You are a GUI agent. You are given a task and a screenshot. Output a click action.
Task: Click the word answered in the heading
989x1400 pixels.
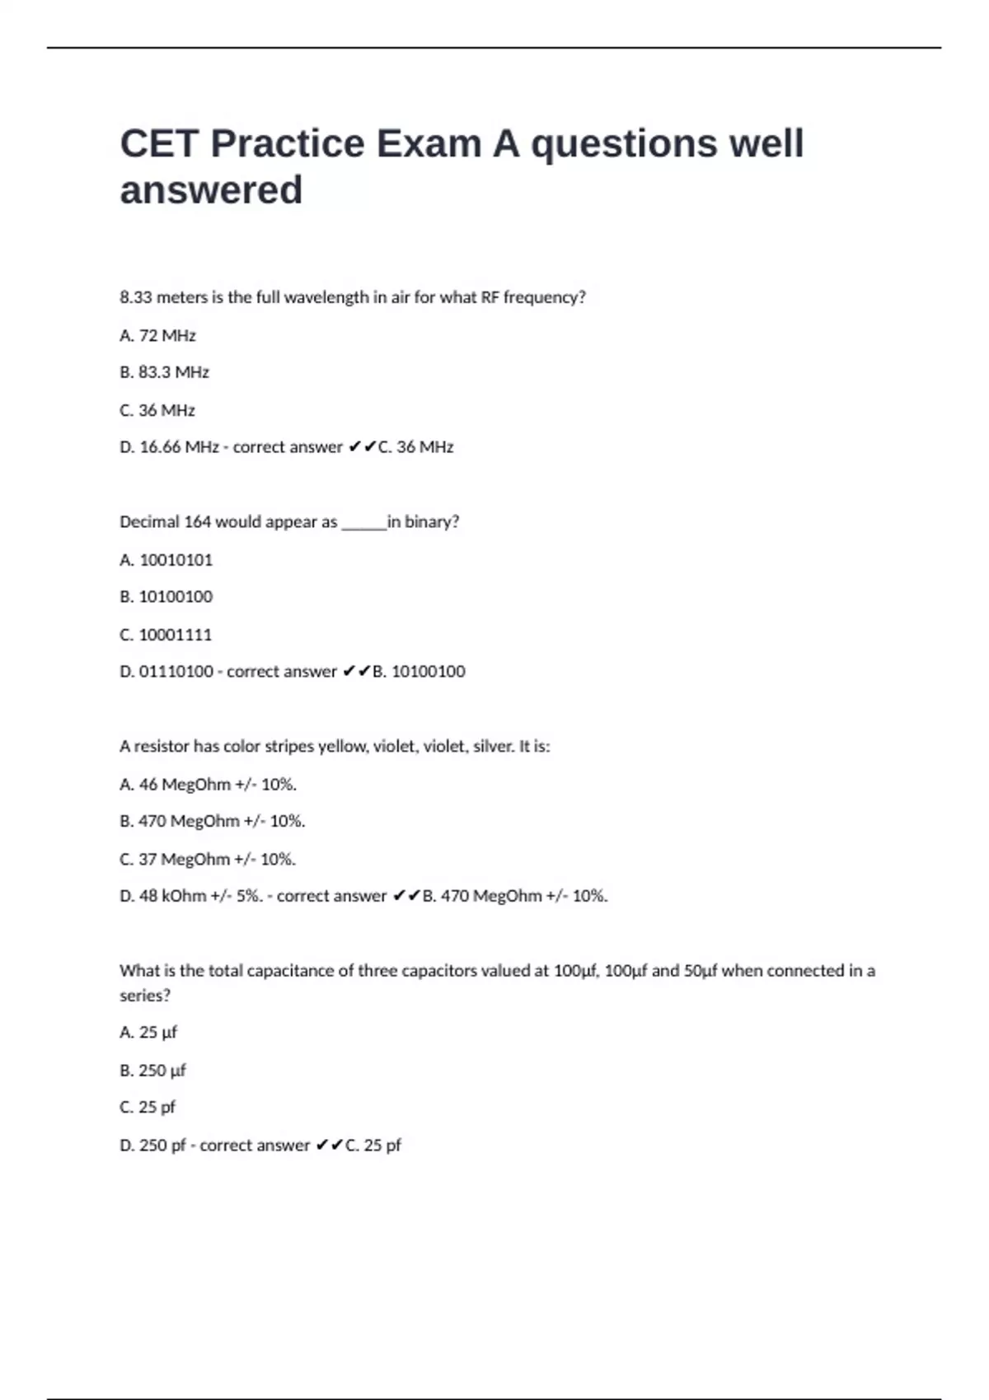(211, 190)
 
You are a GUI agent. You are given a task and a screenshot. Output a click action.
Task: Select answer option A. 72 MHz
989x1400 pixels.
(157, 335)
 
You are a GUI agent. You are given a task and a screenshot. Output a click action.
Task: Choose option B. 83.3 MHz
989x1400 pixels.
(164, 372)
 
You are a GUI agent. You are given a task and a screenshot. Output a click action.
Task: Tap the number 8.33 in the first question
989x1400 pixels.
(136, 297)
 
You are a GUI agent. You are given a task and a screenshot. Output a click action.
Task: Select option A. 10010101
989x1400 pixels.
(166, 560)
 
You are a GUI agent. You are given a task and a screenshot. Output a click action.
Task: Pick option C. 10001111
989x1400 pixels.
(166, 635)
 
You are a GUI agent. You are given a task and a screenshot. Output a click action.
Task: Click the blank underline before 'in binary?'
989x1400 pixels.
(363, 527)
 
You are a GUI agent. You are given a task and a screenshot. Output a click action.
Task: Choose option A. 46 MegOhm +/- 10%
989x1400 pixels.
(208, 785)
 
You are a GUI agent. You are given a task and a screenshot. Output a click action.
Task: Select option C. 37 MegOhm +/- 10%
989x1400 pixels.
(208, 860)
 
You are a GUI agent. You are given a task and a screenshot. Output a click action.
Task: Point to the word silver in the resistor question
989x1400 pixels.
(492, 747)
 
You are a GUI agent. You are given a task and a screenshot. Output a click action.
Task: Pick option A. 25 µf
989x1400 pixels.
(148, 1033)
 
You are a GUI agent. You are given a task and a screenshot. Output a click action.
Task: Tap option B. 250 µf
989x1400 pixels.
(152, 1071)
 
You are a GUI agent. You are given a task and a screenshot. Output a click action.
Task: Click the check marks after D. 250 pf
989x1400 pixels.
(329, 1146)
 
